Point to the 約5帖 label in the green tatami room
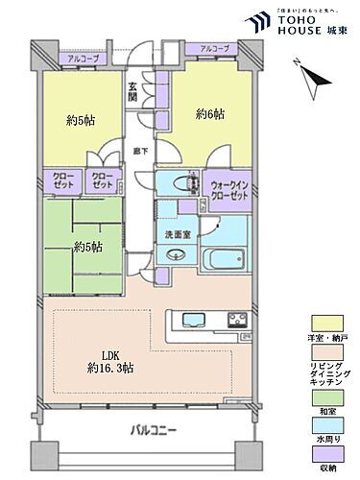(89, 246)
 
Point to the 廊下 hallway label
(141, 151)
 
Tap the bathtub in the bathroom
(225, 258)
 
